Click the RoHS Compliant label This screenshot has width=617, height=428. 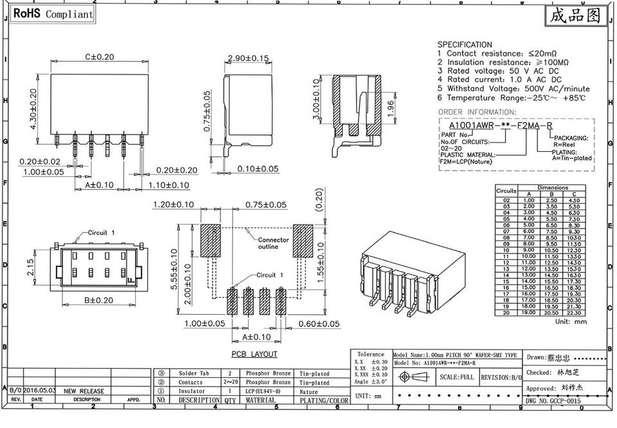(x=53, y=14)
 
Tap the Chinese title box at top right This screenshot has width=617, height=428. (x=575, y=15)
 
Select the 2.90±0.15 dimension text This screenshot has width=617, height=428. (x=247, y=59)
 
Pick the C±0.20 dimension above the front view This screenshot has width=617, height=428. (x=100, y=57)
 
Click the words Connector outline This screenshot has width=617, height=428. (x=273, y=243)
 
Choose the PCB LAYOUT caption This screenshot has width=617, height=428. (x=255, y=354)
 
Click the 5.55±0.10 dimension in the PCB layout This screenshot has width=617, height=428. (x=174, y=270)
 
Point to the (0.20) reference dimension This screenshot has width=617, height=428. (x=318, y=204)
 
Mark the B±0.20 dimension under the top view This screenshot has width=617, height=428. (x=100, y=300)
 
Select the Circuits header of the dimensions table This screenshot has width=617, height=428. (x=506, y=191)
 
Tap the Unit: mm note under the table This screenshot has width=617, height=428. (x=571, y=322)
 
